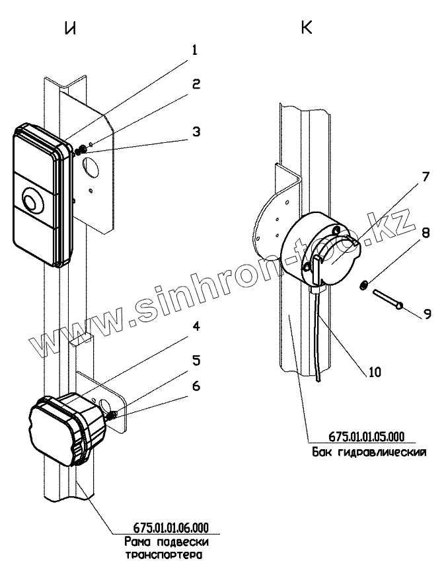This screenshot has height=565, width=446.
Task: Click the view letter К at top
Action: pos(307,28)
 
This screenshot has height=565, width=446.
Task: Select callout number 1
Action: pos(195,50)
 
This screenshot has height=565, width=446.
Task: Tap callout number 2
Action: pos(196,85)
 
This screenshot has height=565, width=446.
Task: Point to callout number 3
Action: pos(196,130)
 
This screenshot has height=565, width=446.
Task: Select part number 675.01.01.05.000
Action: pos(367,437)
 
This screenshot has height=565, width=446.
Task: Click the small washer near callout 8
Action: pos(362,285)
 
